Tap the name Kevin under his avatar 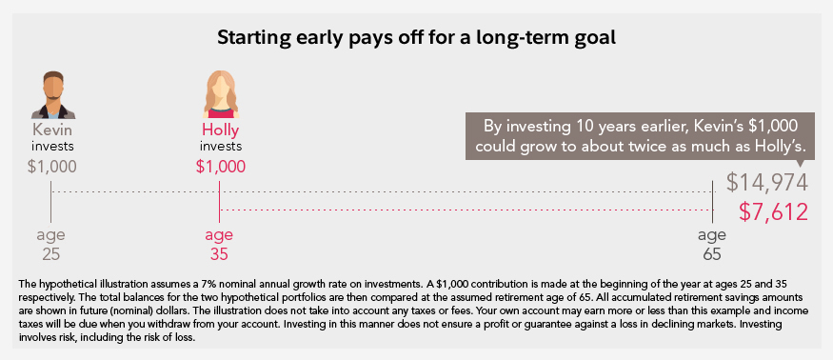pos(52,130)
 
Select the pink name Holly pos(221,130)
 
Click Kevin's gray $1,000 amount pos(52,167)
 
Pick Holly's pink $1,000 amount pos(221,167)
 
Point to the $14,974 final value pos(767,184)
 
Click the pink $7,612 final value pos(773,212)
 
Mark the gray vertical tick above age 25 pos(50,202)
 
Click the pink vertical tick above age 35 pos(219,202)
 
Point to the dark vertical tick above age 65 pos(712,202)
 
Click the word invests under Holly pos(221,147)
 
